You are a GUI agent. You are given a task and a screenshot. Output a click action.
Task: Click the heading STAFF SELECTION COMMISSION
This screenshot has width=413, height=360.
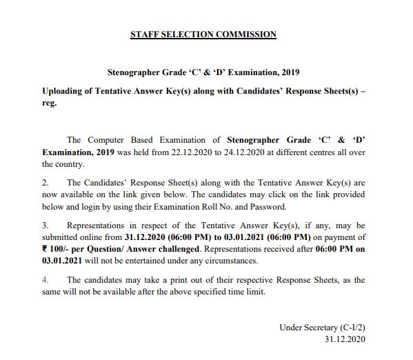[203, 34]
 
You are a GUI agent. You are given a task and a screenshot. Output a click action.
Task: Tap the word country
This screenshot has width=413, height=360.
[68, 165]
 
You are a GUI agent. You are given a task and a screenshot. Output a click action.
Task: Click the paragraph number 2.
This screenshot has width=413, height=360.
[46, 182]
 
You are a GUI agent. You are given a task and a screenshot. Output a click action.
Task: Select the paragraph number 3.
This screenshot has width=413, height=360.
[46, 225]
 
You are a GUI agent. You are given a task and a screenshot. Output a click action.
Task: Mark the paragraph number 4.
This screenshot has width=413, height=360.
[46, 279]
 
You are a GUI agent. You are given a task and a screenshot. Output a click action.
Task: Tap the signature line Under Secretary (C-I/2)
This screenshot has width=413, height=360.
[322, 327]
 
